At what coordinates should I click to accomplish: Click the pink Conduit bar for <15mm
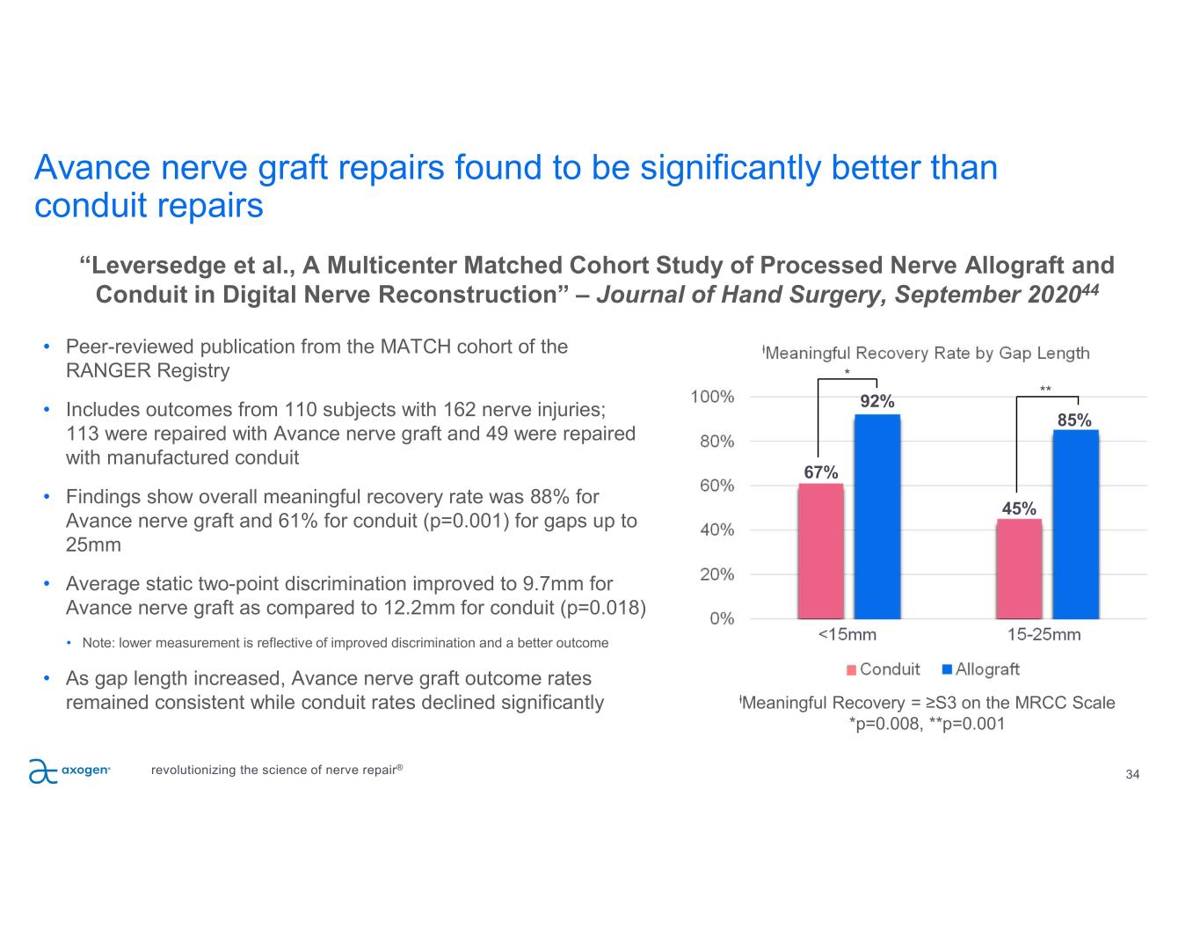(x=820, y=551)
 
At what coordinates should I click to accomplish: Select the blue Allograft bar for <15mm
(x=877, y=516)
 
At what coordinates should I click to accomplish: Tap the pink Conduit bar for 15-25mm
(x=1019, y=568)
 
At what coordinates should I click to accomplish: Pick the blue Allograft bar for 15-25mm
(x=1075, y=524)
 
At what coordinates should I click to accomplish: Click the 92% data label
(x=877, y=402)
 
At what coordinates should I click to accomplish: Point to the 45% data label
(x=1019, y=508)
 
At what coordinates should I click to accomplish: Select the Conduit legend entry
(x=883, y=669)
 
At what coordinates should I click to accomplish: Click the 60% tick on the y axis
(x=716, y=486)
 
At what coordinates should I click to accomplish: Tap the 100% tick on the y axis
(x=713, y=397)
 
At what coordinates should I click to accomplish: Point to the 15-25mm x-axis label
(x=1044, y=634)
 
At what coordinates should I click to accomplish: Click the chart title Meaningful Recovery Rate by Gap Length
(x=927, y=353)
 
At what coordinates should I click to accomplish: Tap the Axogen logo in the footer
(x=69, y=771)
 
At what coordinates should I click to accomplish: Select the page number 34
(x=1132, y=775)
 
